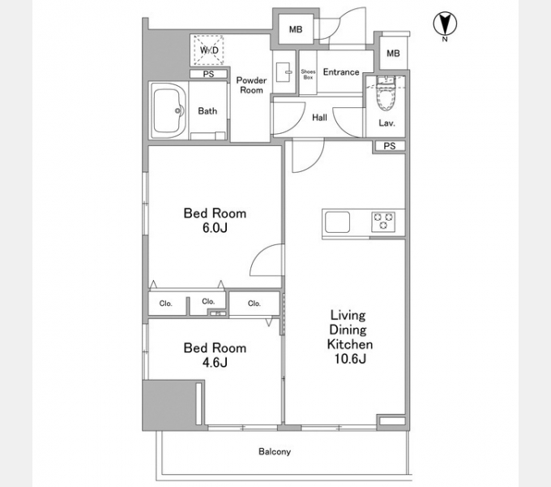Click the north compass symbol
445,24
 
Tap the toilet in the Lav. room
386,93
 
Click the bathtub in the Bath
168,110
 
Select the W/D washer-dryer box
209,50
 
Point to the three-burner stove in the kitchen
383,222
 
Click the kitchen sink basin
337,222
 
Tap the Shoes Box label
308,74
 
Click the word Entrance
341,72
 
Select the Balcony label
275,451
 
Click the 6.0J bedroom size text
215,228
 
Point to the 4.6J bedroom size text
215,362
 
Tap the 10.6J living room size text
350,359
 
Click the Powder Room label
251,85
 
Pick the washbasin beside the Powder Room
284,72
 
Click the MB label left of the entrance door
296,29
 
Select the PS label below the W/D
208,74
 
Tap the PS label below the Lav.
390,145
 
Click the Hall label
319,118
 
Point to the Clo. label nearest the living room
254,304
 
